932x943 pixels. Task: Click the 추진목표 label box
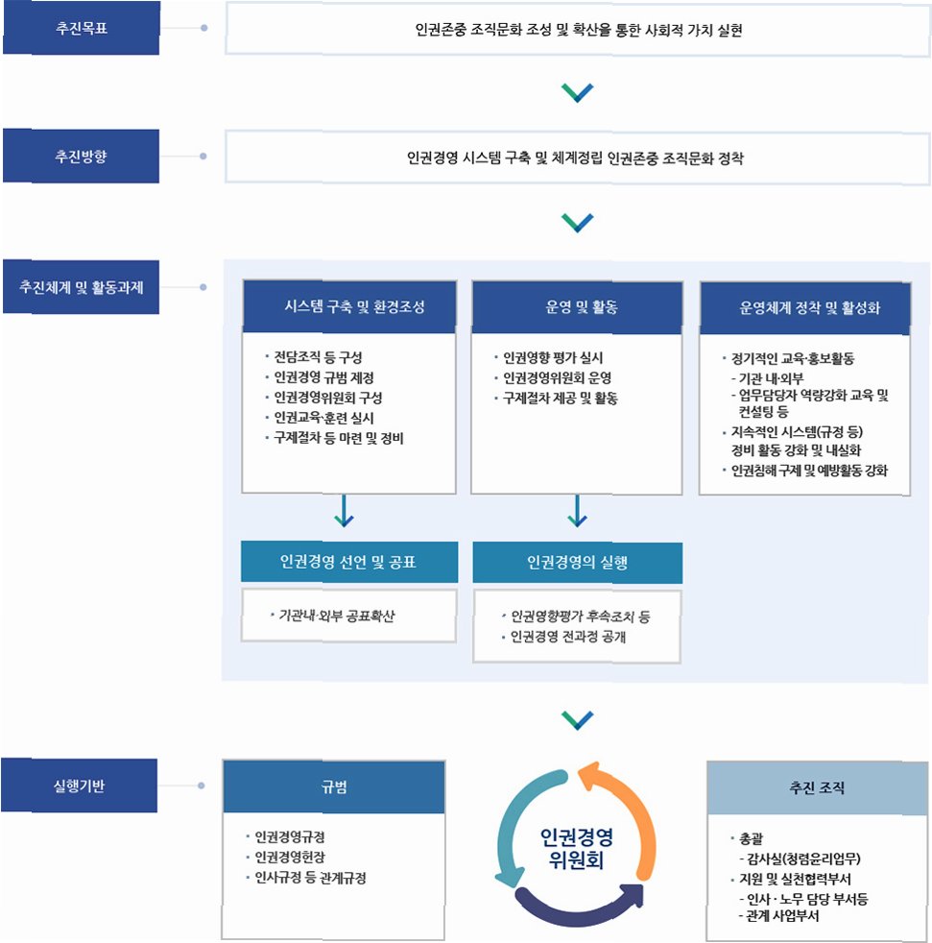pos(81,27)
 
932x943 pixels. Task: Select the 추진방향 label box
pos(81,156)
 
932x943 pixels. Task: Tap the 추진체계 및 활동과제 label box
pos(81,286)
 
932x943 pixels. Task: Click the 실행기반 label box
pos(81,786)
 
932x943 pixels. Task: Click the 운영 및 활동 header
pos(576,307)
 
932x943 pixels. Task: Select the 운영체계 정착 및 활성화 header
pos(804,307)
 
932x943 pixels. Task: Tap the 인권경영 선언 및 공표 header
pos(347,562)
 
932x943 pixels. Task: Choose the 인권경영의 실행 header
pos(577,563)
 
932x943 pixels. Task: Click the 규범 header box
pos(333,787)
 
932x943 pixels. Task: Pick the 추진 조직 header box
pos(817,787)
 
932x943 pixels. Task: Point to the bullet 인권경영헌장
pos(289,857)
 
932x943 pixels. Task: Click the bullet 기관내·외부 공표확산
pos(336,615)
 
